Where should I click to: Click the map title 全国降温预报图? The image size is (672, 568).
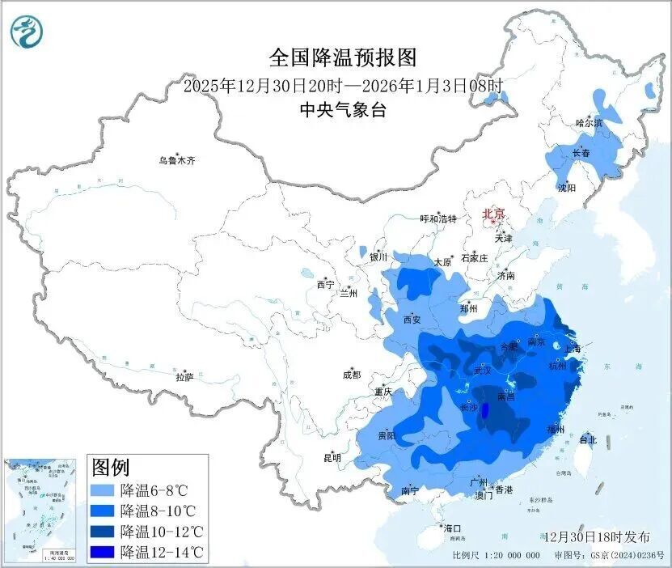[343, 58]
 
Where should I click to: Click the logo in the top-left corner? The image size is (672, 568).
[27, 32]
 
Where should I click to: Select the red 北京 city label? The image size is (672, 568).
[493, 214]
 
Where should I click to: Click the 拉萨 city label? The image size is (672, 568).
[184, 376]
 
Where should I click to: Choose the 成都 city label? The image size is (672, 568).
[351, 375]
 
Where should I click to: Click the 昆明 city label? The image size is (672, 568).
[332, 458]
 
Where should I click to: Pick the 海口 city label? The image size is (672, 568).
[451, 528]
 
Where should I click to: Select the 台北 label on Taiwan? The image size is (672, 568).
[588, 440]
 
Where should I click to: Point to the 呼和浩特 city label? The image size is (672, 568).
[438, 219]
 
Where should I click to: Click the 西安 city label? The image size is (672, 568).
[412, 320]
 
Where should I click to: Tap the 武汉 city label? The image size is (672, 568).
[483, 371]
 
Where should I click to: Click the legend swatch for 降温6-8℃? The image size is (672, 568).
[103, 490]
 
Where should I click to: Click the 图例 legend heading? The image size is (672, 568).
[111, 468]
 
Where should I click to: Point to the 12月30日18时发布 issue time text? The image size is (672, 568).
[597, 537]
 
